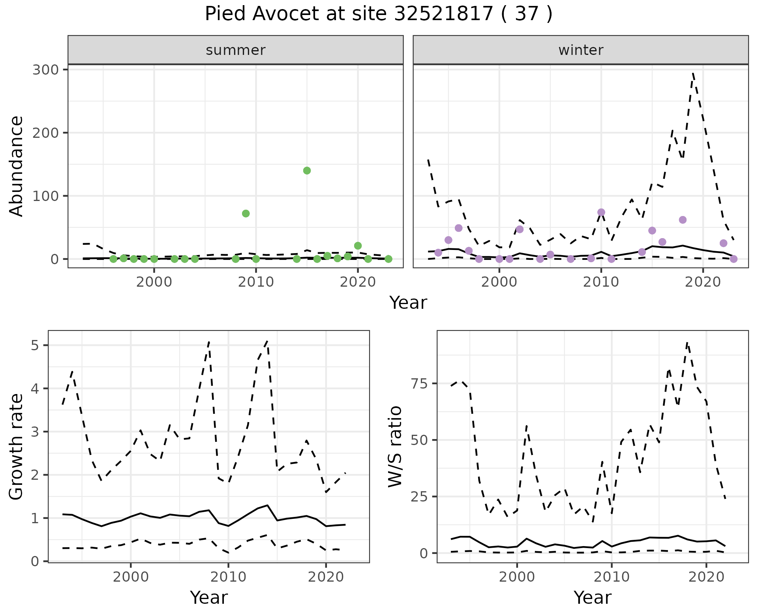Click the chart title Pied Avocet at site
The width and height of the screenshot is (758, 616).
[x=378, y=14]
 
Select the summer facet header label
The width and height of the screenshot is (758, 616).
[x=236, y=50]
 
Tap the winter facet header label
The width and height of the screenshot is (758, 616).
[x=581, y=50]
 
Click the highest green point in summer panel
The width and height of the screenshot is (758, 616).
[x=307, y=171]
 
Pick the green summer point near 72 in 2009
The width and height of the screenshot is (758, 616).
[x=246, y=214]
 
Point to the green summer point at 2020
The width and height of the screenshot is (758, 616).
[x=358, y=246]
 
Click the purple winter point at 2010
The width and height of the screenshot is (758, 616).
[x=601, y=212]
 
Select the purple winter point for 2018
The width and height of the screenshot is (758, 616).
[x=683, y=220]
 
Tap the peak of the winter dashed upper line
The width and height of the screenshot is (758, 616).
[x=693, y=73]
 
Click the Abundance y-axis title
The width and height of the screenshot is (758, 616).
[x=17, y=166]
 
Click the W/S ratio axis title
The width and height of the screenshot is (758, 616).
[x=395, y=446]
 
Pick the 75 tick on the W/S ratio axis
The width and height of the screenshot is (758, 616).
[x=424, y=384]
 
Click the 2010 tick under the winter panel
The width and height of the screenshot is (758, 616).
[x=601, y=283]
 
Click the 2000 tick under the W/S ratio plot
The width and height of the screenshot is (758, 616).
[x=517, y=577]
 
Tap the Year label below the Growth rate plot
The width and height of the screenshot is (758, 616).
[x=209, y=598]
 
